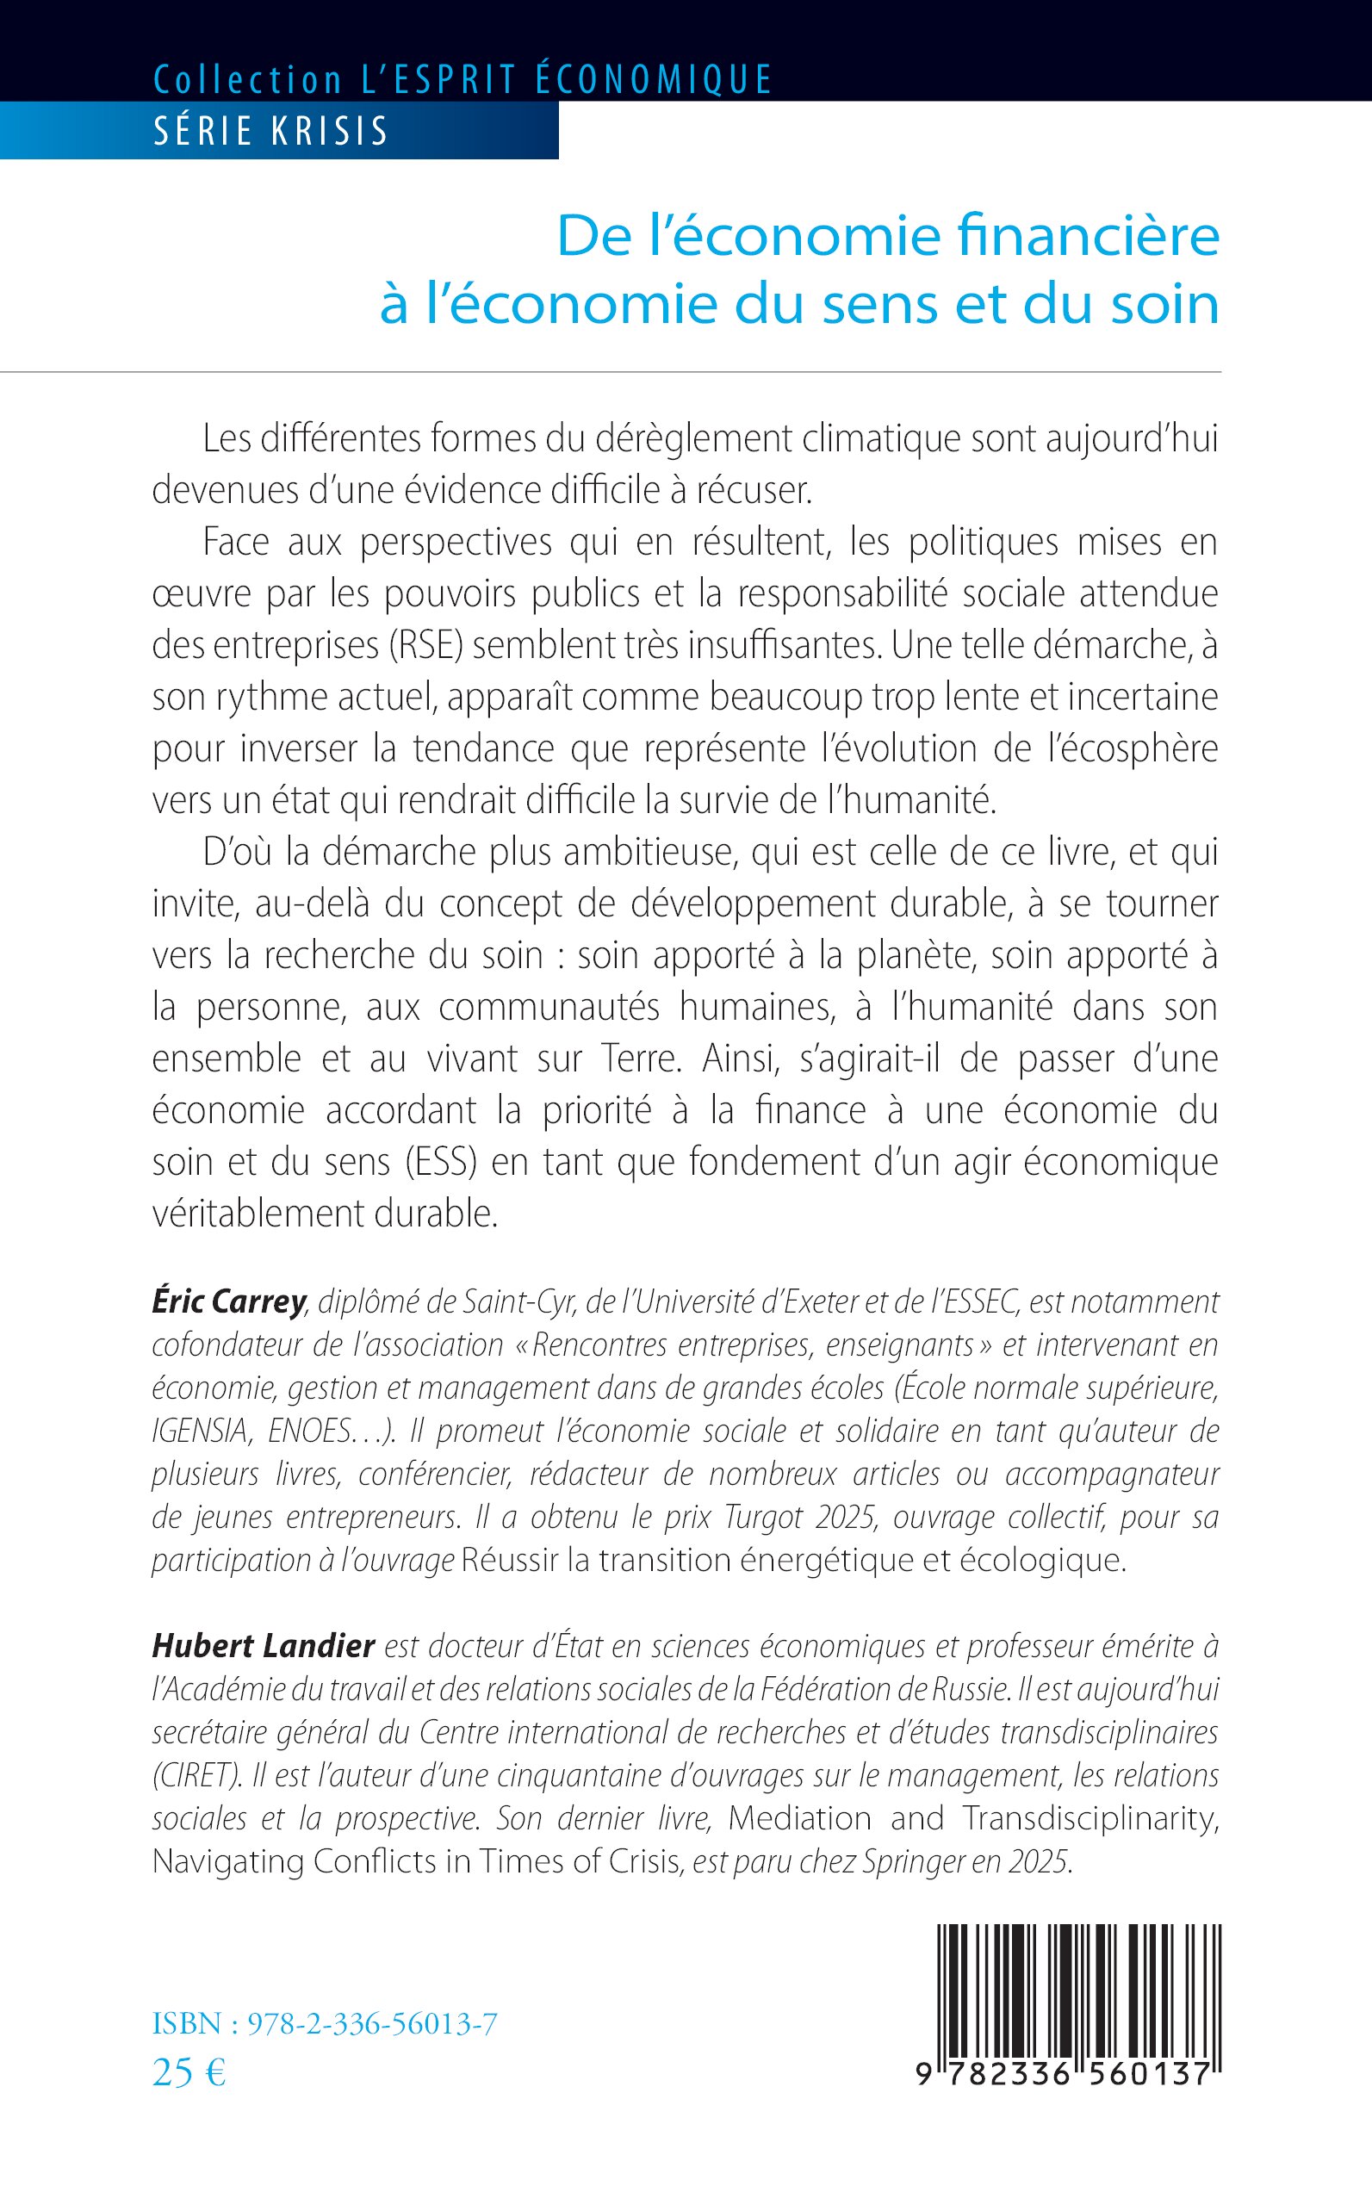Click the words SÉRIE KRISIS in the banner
tap(270, 132)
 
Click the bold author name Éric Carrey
tap(229, 1302)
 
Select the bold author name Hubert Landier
tap(264, 1646)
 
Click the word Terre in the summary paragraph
tap(640, 1059)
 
